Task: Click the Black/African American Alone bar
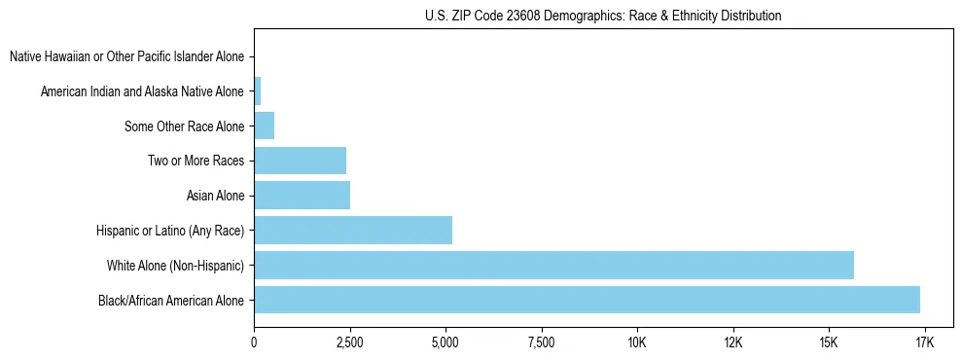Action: point(587,300)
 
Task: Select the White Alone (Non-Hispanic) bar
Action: point(553,265)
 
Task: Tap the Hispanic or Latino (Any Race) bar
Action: point(353,231)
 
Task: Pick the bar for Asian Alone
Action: point(302,196)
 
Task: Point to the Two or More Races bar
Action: point(300,161)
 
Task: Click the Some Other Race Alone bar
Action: point(264,126)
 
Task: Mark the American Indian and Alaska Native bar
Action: point(257,91)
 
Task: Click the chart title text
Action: point(603,16)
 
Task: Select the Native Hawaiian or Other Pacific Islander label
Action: point(126,57)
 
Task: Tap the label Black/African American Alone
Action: point(171,300)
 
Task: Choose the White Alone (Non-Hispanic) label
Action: point(176,265)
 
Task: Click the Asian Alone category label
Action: point(215,196)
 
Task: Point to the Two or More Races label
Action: point(196,161)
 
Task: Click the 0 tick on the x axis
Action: point(254,342)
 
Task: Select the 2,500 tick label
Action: point(349,342)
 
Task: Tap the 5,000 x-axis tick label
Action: point(445,342)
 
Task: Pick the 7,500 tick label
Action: point(541,342)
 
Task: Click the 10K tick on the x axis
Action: point(637,342)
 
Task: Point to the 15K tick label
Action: point(829,342)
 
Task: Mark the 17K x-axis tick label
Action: point(924,342)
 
